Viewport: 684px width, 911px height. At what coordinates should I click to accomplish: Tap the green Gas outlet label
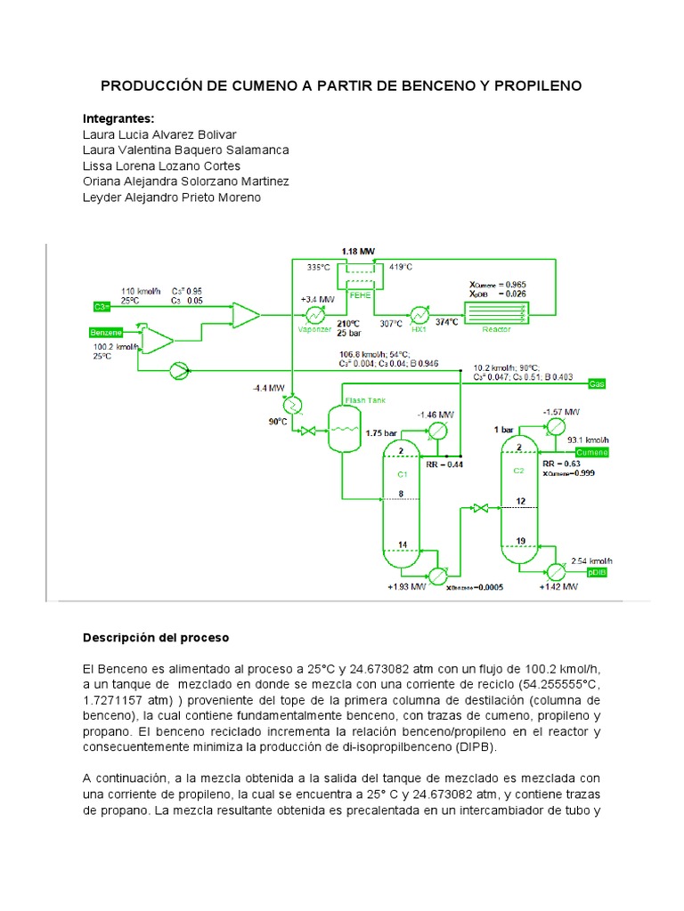pyautogui.click(x=598, y=384)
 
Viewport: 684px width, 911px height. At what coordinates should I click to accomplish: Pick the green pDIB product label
pyautogui.click(x=593, y=576)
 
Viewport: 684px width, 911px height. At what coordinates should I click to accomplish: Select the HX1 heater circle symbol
pyautogui.click(x=419, y=314)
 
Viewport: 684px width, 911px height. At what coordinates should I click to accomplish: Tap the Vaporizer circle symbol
pyautogui.click(x=314, y=315)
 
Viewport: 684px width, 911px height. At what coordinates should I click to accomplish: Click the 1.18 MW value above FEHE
pyautogui.click(x=359, y=252)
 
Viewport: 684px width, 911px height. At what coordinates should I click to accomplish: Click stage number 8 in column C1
pyautogui.click(x=401, y=494)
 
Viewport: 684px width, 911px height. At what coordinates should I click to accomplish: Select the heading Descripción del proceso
pyautogui.click(x=156, y=638)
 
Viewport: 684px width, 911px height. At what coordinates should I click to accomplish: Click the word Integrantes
pyautogui.click(x=118, y=118)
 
